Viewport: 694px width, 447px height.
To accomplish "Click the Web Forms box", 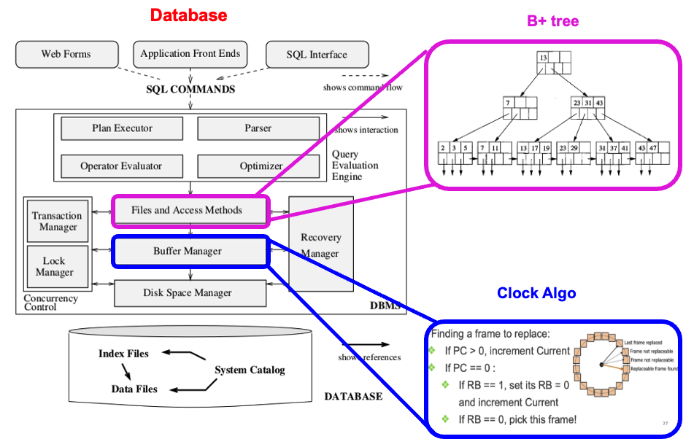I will pos(66,55).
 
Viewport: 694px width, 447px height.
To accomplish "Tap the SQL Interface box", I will pos(317,55).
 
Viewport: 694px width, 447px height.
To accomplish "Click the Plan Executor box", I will pos(122,128).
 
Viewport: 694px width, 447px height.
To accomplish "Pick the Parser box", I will pos(258,128).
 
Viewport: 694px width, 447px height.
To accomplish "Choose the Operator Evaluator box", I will pos(121,166).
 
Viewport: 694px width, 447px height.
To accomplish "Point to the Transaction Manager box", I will pos(58,221).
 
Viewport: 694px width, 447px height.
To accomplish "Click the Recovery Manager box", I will pos(320,245).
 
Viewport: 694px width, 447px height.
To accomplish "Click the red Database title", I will pos(188,15).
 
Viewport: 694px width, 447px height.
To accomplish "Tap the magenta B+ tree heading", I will pos(552,21).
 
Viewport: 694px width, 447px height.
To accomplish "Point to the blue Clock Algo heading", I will pos(536,293).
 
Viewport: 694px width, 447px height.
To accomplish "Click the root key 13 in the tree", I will pos(543,57).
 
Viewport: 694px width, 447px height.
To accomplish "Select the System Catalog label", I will pos(250,370).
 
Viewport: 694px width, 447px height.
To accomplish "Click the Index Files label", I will pos(123,354).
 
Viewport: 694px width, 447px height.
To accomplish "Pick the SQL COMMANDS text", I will pos(190,90).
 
